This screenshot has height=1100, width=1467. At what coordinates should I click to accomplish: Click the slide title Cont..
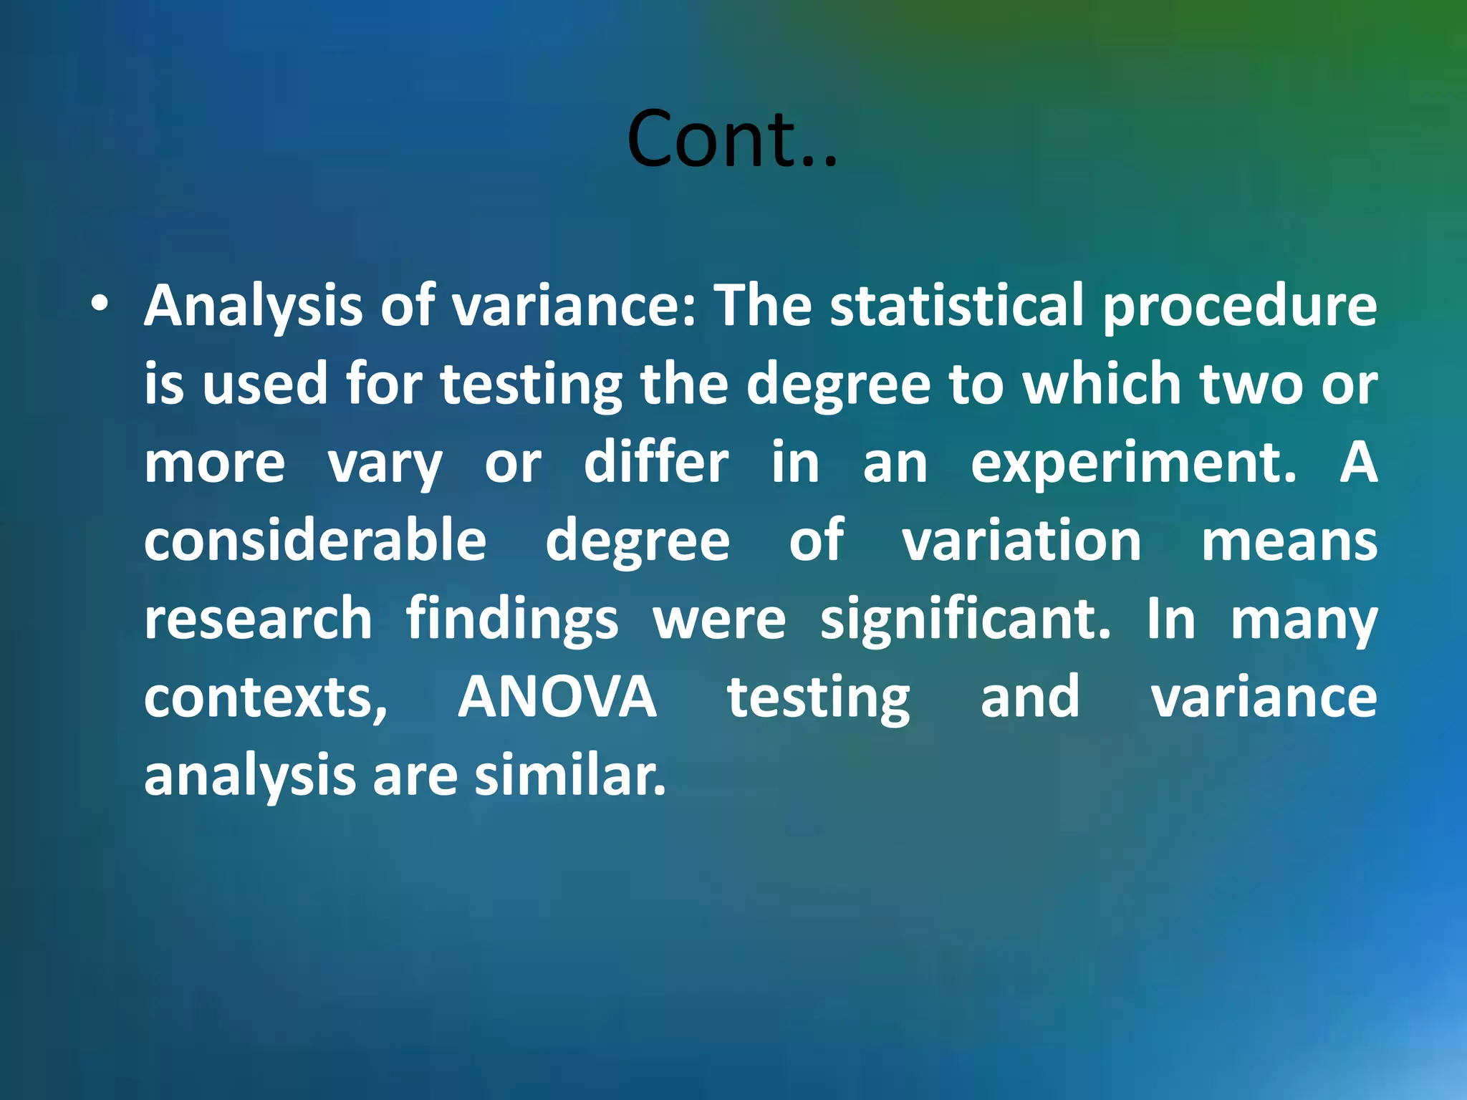pyautogui.click(x=731, y=139)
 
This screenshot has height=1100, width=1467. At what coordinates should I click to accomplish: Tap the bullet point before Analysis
pyautogui.click(x=100, y=305)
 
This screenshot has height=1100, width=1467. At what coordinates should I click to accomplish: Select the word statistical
pyautogui.click(x=957, y=305)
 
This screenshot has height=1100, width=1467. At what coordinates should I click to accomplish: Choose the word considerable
pyautogui.click(x=315, y=540)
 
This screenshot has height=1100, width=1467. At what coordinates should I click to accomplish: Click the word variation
pyautogui.click(x=1021, y=540)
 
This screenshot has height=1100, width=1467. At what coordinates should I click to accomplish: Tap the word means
pyautogui.click(x=1289, y=541)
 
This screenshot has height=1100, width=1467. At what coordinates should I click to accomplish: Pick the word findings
pyautogui.click(x=511, y=620)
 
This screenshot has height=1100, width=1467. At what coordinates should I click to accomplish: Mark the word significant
pyautogui.click(x=965, y=619)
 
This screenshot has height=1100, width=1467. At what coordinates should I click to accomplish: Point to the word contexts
pyautogui.click(x=265, y=698)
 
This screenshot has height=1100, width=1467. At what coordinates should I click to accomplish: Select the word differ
pyautogui.click(x=656, y=463)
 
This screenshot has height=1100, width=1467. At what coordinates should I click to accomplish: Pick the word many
pyautogui.click(x=1304, y=620)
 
